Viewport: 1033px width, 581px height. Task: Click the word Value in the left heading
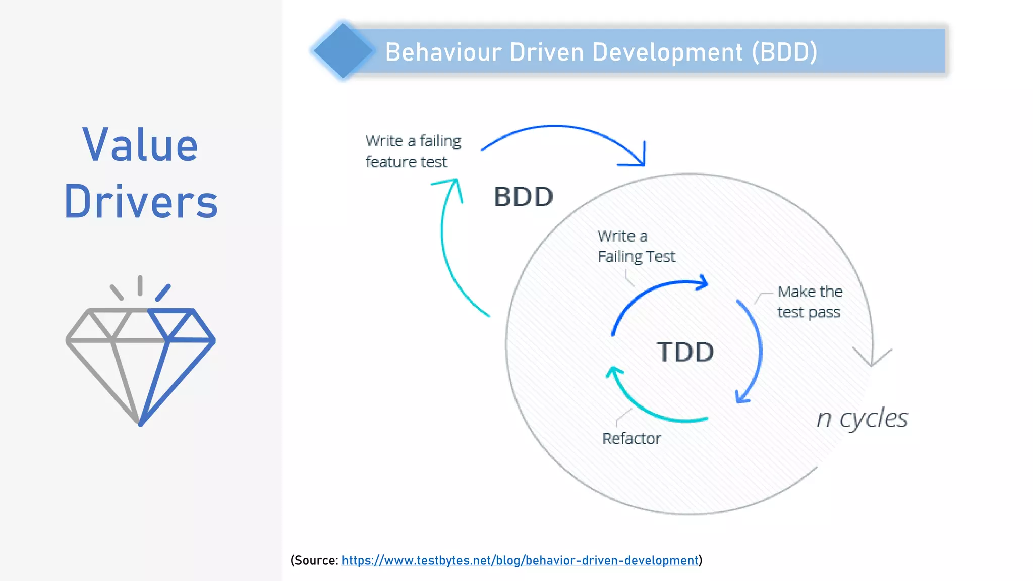point(140,145)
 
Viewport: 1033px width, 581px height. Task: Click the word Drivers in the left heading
point(141,202)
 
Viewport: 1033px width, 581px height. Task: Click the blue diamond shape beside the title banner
point(343,50)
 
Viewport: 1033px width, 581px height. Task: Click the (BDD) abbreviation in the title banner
point(784,52)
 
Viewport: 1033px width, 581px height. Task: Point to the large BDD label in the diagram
point(523,197)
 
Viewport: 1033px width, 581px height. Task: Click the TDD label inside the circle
point(685,352)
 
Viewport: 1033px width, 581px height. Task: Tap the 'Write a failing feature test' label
point(413,151)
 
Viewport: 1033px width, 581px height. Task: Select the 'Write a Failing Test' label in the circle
point(636,246)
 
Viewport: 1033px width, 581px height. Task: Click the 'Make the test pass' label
point(809,302)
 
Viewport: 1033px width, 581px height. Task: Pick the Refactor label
point(631,438)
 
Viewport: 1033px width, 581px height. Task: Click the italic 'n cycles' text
point(862,418)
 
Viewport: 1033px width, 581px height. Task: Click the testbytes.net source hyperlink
point(520,560)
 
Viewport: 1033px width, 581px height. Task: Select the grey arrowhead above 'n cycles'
point(872,358)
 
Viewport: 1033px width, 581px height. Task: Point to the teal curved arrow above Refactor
point(651,409)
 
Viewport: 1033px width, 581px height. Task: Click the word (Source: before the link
point(314,560)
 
